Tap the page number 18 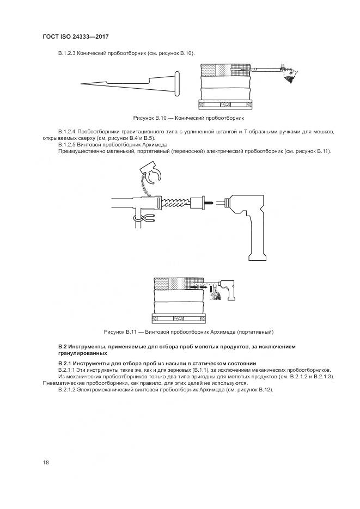point(46,462)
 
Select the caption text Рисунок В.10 point(150,118)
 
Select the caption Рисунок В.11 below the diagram point(120,332)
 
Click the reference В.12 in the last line point(264,390)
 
